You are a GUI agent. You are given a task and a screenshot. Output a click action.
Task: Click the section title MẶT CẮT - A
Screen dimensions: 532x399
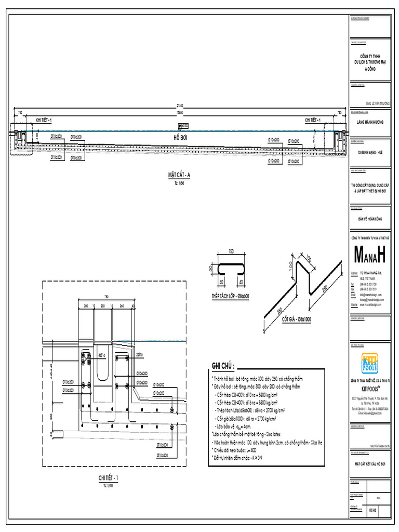pos(179,175)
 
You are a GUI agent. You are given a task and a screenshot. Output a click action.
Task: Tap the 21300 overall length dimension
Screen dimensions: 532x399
pos(180,106)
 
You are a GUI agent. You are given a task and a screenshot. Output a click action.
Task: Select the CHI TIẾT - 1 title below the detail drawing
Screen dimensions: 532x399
pos(108,477)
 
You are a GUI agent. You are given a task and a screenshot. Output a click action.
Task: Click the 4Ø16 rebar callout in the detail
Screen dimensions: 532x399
pos(102,355)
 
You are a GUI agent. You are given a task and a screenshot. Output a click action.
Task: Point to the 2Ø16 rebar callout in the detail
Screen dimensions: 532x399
pos(139,355)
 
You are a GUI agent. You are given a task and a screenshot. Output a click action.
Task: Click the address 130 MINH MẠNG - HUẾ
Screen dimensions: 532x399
pos(370,153)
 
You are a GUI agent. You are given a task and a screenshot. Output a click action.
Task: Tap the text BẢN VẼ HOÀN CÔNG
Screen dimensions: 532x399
pos(370,219)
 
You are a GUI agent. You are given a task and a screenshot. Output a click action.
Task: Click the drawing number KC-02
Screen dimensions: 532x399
pos(372,511)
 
